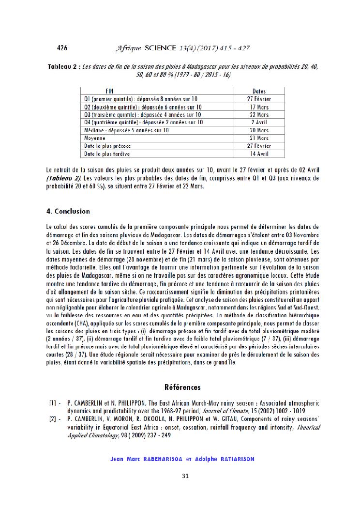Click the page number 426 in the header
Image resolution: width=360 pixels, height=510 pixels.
click(x=62, y=47)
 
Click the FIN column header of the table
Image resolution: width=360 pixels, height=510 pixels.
click(x=110, y=91)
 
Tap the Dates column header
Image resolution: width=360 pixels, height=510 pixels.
click(x=259, y=91)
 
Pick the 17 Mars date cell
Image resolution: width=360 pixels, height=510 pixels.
click(x=259, y=107)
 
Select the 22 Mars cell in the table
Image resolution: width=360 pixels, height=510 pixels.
click(x=259, y=115)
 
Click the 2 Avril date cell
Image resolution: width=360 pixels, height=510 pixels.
click(x=259, y=123)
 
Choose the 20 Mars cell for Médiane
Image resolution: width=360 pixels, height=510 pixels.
click(x=259, y=130)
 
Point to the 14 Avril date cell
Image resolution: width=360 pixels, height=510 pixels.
click(x=259, y=154)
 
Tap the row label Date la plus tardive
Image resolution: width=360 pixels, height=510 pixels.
click(x=107, y=154)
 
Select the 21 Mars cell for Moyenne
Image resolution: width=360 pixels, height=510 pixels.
click(x=259, y=138)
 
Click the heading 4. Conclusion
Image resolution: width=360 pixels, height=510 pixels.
click(x=68, y=212)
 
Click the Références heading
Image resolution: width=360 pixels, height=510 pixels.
click(x=182, y=387)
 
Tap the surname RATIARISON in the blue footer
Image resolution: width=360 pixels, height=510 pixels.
click(x=231, y=459)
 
